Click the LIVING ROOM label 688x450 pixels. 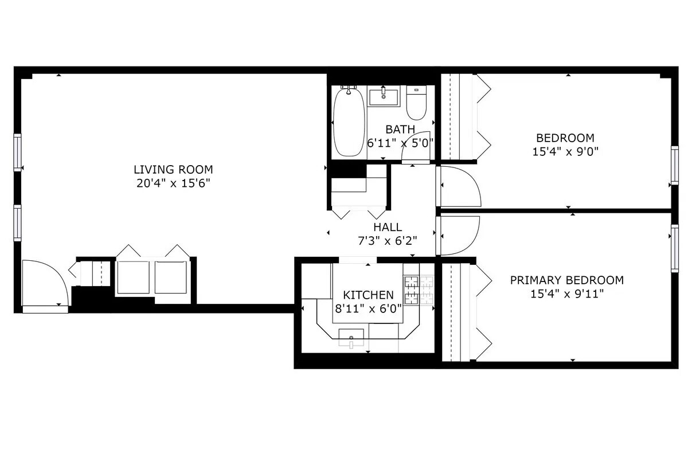[173, 170]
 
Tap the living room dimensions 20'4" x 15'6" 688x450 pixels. [173, 183]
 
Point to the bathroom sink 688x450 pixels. [384, 96]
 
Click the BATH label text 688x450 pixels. [400, 130]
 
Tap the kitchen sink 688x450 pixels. [351, 337]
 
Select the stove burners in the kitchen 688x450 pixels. [419, 289]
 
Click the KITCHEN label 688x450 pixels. [368, 295]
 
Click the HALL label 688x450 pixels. [388, 228]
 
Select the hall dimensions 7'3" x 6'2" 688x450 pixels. [388, 240]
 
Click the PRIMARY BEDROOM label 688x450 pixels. [566, 280]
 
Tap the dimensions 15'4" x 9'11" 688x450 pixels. [566, 294]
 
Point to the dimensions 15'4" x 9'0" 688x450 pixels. [565, 152]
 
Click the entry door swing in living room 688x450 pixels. [46, 284]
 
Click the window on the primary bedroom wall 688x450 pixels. [675, 240]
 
